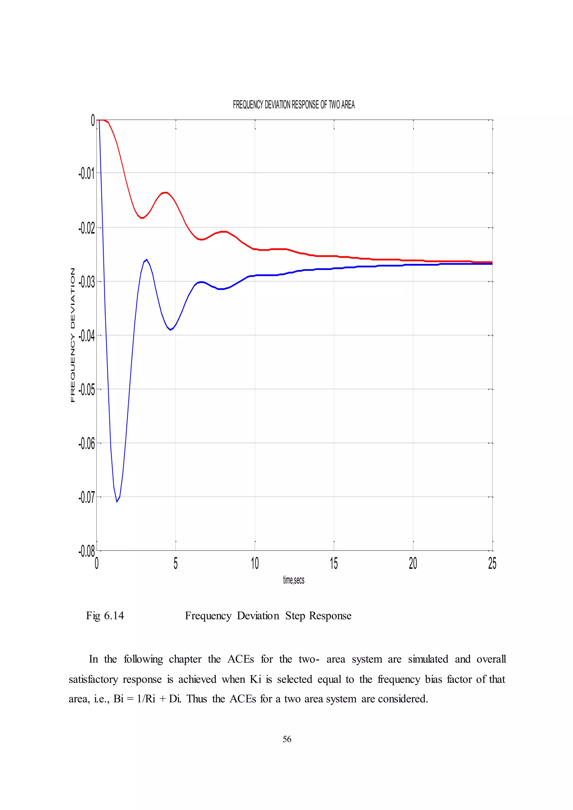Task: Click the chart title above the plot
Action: [293, 105]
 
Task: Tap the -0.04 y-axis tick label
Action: [87, 336]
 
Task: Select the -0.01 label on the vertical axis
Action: [87, 174]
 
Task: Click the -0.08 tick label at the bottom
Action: [87, 551]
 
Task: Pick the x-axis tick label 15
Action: [334, 563]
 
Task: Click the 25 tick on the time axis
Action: [492, 563]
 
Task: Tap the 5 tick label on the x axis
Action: [176, 563]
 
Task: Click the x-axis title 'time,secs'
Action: [293, 580]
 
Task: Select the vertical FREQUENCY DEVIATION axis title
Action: [73, 335]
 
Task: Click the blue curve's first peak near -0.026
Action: [146, 259]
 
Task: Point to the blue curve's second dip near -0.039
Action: [170, 330]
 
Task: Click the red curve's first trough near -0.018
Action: [142, 218]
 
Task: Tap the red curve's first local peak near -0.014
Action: [165, 192]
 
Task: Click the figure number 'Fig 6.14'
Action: [105, 616]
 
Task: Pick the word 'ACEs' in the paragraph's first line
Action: [240, 659]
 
